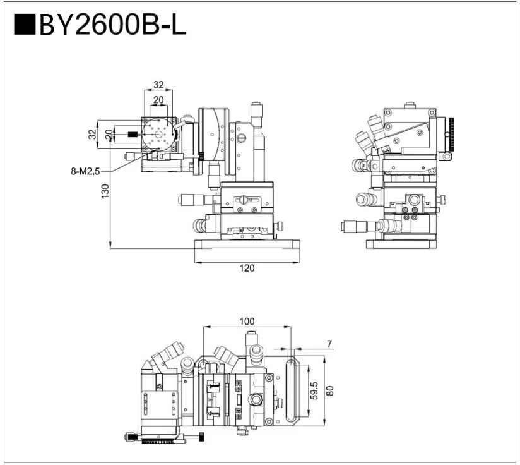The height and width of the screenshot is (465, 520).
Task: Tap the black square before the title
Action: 23,27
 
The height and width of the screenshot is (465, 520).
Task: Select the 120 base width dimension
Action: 247,268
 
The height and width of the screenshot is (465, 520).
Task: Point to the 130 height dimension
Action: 105,190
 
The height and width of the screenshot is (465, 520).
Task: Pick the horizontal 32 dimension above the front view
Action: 158,84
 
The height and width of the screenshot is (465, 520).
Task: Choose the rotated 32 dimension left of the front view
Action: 92,134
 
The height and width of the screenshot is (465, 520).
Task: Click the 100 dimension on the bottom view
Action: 247,321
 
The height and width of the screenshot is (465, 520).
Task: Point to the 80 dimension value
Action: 329,391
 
